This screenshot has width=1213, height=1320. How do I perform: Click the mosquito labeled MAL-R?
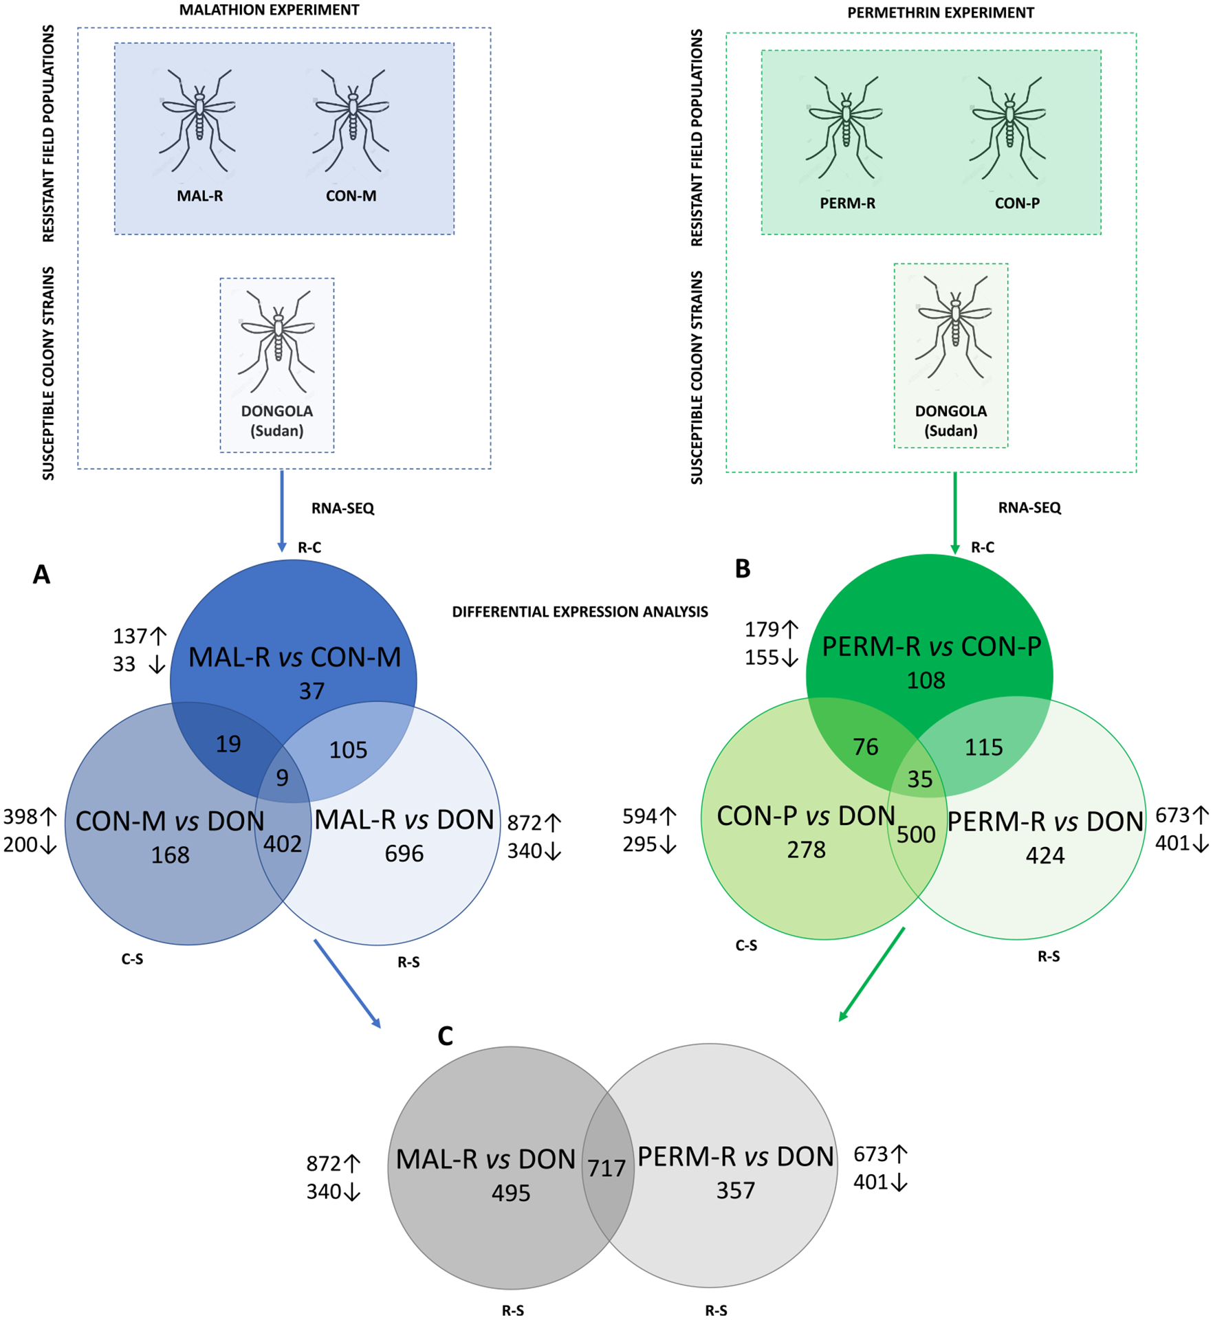(x=198, y=120)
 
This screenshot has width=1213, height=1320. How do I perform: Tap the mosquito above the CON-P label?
(x=1008, y=126)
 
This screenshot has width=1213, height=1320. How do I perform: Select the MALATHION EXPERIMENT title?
(x=269, y=10)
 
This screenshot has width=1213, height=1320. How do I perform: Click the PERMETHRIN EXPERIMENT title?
(x=940, y=13)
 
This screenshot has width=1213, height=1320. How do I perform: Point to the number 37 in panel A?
(x=311, y=691)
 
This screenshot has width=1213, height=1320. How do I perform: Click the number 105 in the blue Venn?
(x=348, y=749)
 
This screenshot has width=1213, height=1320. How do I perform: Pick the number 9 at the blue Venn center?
(x=282, y=778)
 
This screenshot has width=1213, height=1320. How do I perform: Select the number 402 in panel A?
(x=282, y=844)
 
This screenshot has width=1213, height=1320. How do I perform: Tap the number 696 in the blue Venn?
(x=404, y=853)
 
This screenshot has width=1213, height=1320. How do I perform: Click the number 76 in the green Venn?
(x=865, y=747)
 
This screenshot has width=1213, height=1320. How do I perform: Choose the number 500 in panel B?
(x=915, y=835)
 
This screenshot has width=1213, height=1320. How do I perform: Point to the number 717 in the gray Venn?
(x=606, y=1168)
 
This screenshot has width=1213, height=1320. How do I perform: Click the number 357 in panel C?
(x=735, y=1190)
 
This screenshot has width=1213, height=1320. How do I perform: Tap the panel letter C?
(x=445, y=1036)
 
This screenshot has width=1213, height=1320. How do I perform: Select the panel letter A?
(x=41, y=575)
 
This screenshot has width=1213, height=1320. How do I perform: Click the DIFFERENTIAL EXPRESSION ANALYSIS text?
(x=579, y=612)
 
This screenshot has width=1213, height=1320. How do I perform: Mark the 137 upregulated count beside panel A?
(x=131, y=636)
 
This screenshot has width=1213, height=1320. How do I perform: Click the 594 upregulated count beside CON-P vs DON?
(x=641, y=816)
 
